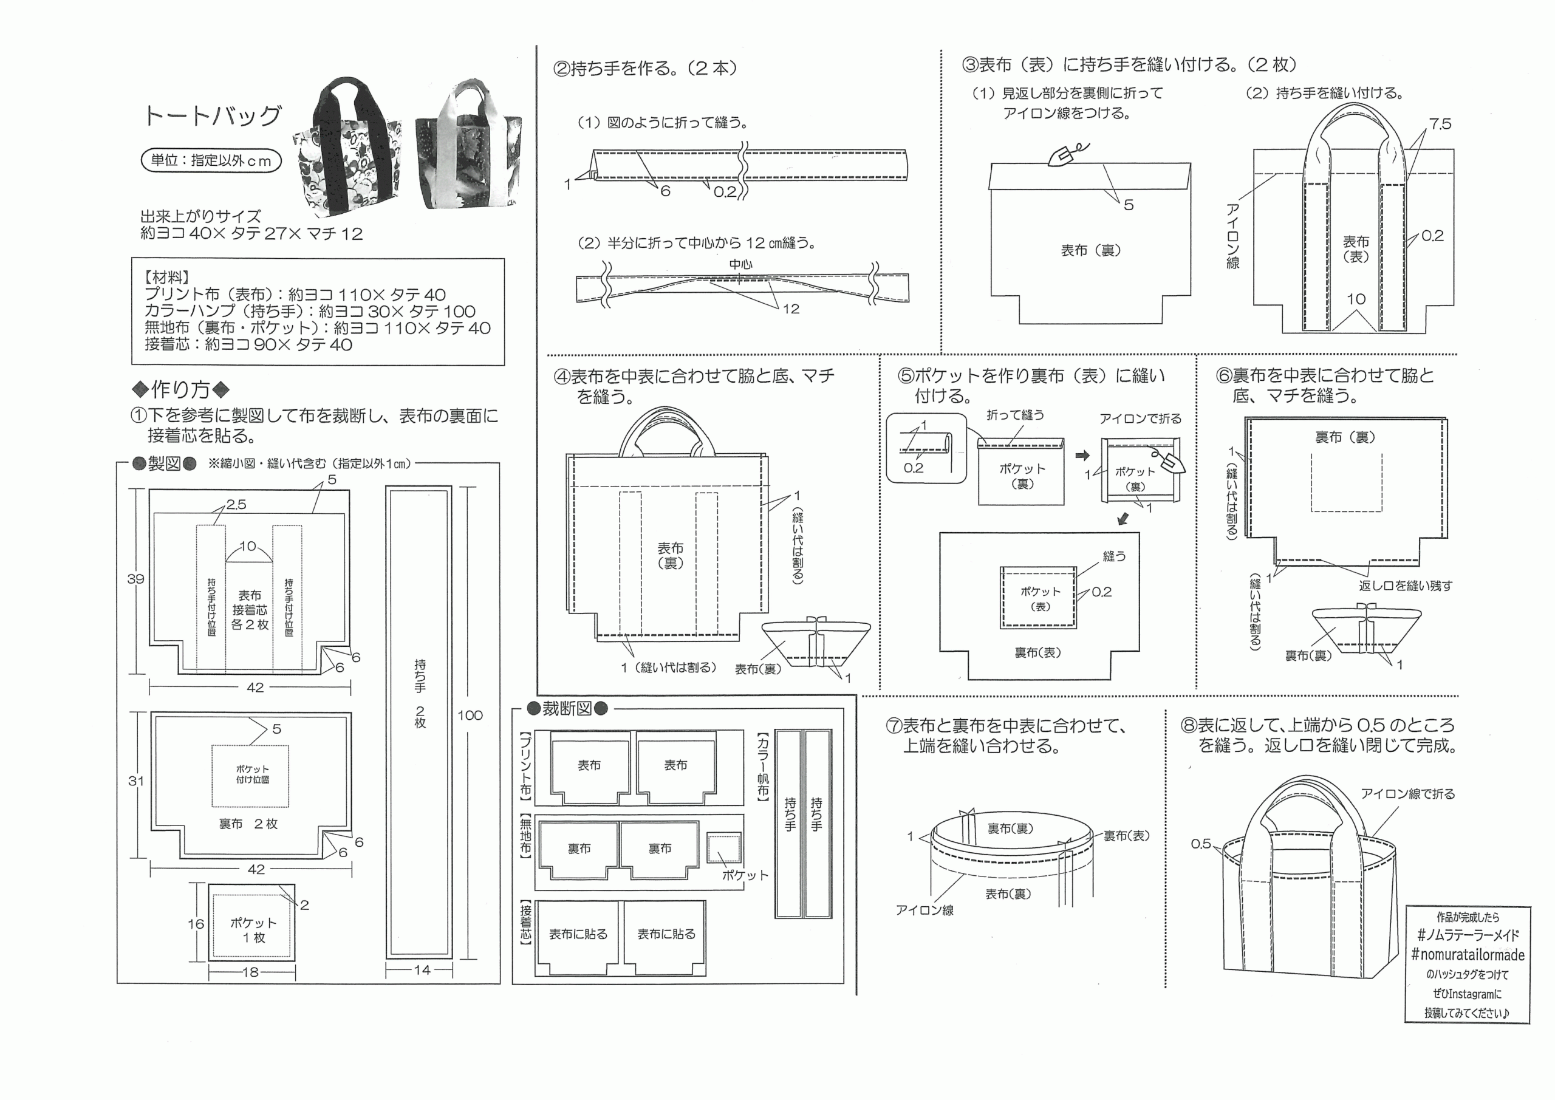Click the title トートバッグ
(x=212, y=116)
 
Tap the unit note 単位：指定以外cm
(x=211, y=160)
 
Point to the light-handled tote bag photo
(x=468, y=145)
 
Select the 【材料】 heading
(x=166, y=277)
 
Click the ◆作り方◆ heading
(x=181, y=389)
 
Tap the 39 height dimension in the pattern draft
(x=135, y=579)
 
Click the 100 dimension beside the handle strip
(x=470, y=716)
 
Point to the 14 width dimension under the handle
(x=422, y=970)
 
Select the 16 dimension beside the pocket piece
(x=196, y=924)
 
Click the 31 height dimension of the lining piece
(x=136, y=781)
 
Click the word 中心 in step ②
(x=741, y=264)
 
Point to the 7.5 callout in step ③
(x=1441, y=124)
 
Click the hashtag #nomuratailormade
(x=1468, y=955)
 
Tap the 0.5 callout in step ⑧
(x=1201, y=844)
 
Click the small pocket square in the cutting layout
(x=724, y=848)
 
